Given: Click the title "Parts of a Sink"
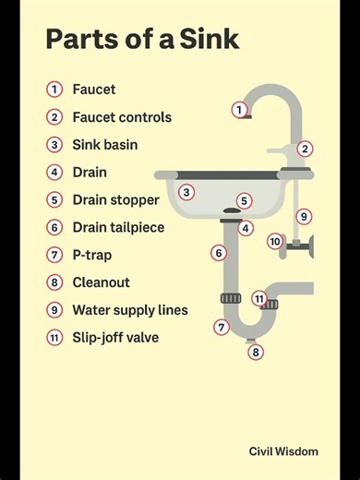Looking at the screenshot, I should (x=142, y=40).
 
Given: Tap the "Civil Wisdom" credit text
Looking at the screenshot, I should (x=283, y=451).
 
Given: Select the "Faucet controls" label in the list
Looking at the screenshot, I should (x=122, y=117).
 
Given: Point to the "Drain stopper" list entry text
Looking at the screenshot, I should (x=115, y=199).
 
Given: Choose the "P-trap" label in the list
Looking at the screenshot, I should (x=91, y=255).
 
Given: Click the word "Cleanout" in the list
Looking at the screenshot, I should (x=101, y=282).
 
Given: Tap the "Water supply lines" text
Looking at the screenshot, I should (x=129, y=310).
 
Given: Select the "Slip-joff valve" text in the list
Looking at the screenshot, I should (x=115, y=338).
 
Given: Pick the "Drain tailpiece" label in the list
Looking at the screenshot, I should (x=119, y=227).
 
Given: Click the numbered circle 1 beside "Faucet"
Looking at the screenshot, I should (x=55, y=90).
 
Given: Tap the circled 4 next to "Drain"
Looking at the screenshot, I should (x=55, y=173).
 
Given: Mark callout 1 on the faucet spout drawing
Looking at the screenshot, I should (x=239, y=110).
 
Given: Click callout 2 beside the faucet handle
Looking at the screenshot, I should (x=305, y=149).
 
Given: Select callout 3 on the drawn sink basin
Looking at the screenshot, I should (x=186, y=192).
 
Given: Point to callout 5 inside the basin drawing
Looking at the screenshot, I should (x=244, y=200).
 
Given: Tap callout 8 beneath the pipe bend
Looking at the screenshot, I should (x=257, y=352).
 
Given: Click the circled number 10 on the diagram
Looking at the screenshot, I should (x=275, y=241).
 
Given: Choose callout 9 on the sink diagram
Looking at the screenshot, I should (x=304, y=217).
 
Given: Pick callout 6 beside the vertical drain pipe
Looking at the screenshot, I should (x=219, y=253).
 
